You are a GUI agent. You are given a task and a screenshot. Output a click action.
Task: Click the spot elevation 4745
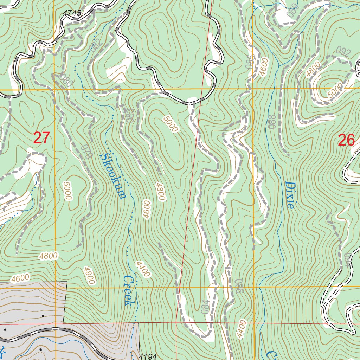[72, 13]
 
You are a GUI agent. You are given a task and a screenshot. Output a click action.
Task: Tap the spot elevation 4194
[148, 356]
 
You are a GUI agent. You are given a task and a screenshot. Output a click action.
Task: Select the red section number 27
[42, 138]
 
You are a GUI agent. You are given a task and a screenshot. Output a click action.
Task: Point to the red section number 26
[346, 140]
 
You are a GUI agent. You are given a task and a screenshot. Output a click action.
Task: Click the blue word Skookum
[112, 176]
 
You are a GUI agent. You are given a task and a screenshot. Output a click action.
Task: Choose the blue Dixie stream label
[290, 195]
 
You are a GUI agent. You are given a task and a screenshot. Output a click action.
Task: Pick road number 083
[129, 116]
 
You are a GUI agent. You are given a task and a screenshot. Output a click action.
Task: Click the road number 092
[344, 53]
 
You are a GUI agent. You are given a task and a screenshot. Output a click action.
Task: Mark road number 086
[239, 286]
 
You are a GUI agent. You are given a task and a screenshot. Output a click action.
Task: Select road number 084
[205, 307]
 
